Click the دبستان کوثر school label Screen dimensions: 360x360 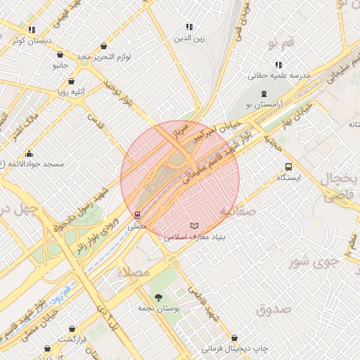[32, 41]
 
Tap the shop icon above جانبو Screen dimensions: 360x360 [60, 54]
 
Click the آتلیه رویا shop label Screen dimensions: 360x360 [72, 91]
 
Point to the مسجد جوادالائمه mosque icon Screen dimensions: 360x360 [29, 153]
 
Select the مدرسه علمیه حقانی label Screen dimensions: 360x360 [279, 75]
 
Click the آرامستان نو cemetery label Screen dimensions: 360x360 [264, 104]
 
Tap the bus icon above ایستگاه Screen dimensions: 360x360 [288, 167]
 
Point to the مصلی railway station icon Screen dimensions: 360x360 [137, 215]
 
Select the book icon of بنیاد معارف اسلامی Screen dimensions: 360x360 [195, 226]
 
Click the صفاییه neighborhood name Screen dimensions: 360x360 [236, 210]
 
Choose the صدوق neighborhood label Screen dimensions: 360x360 [274, 309]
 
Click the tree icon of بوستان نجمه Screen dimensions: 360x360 [157, 297]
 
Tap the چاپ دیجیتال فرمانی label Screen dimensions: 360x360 [235, 348]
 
